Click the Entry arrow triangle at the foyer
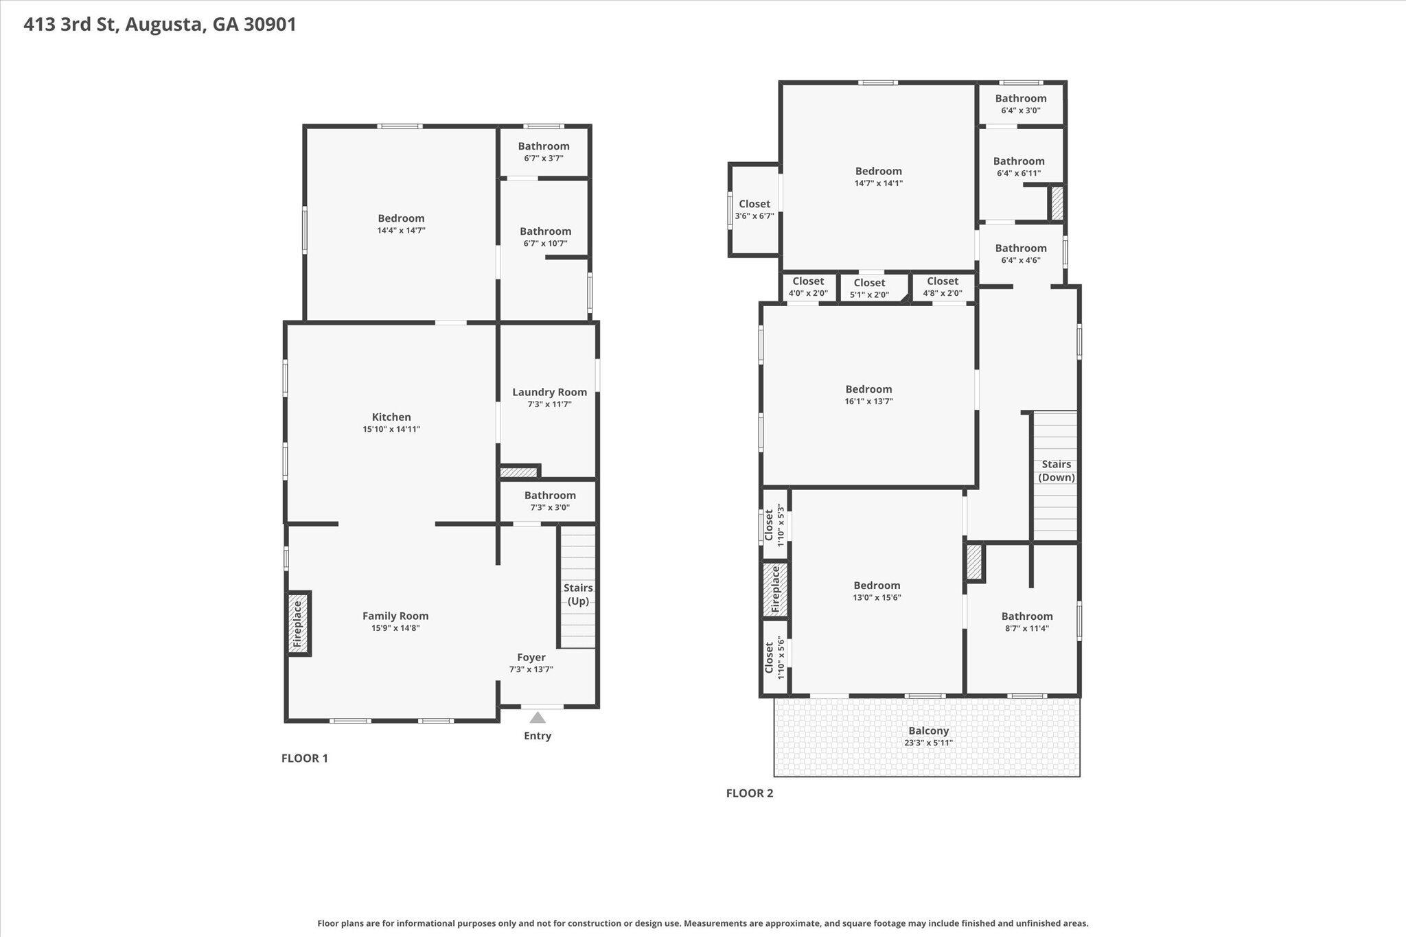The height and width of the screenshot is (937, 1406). [x=538, y=717]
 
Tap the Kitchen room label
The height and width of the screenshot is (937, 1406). [x=391, y=417]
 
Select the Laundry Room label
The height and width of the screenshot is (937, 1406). [x=549, y=392]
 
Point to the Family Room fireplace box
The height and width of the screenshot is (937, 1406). [x=298, y=624]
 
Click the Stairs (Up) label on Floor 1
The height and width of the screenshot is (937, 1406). [x=578, y=594]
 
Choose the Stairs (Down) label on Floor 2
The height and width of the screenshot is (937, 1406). [x=1056, y=471]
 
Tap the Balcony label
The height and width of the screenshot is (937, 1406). [x=928, y=731]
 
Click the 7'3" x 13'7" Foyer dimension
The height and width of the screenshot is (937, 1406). [x=531, y=669]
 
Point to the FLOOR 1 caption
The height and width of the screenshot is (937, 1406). [x=305, y=758]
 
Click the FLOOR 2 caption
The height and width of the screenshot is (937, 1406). [x=750, y=793]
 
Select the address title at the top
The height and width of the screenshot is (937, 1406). [x=160, y=25]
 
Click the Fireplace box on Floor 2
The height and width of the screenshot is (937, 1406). [x=775, y=589]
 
